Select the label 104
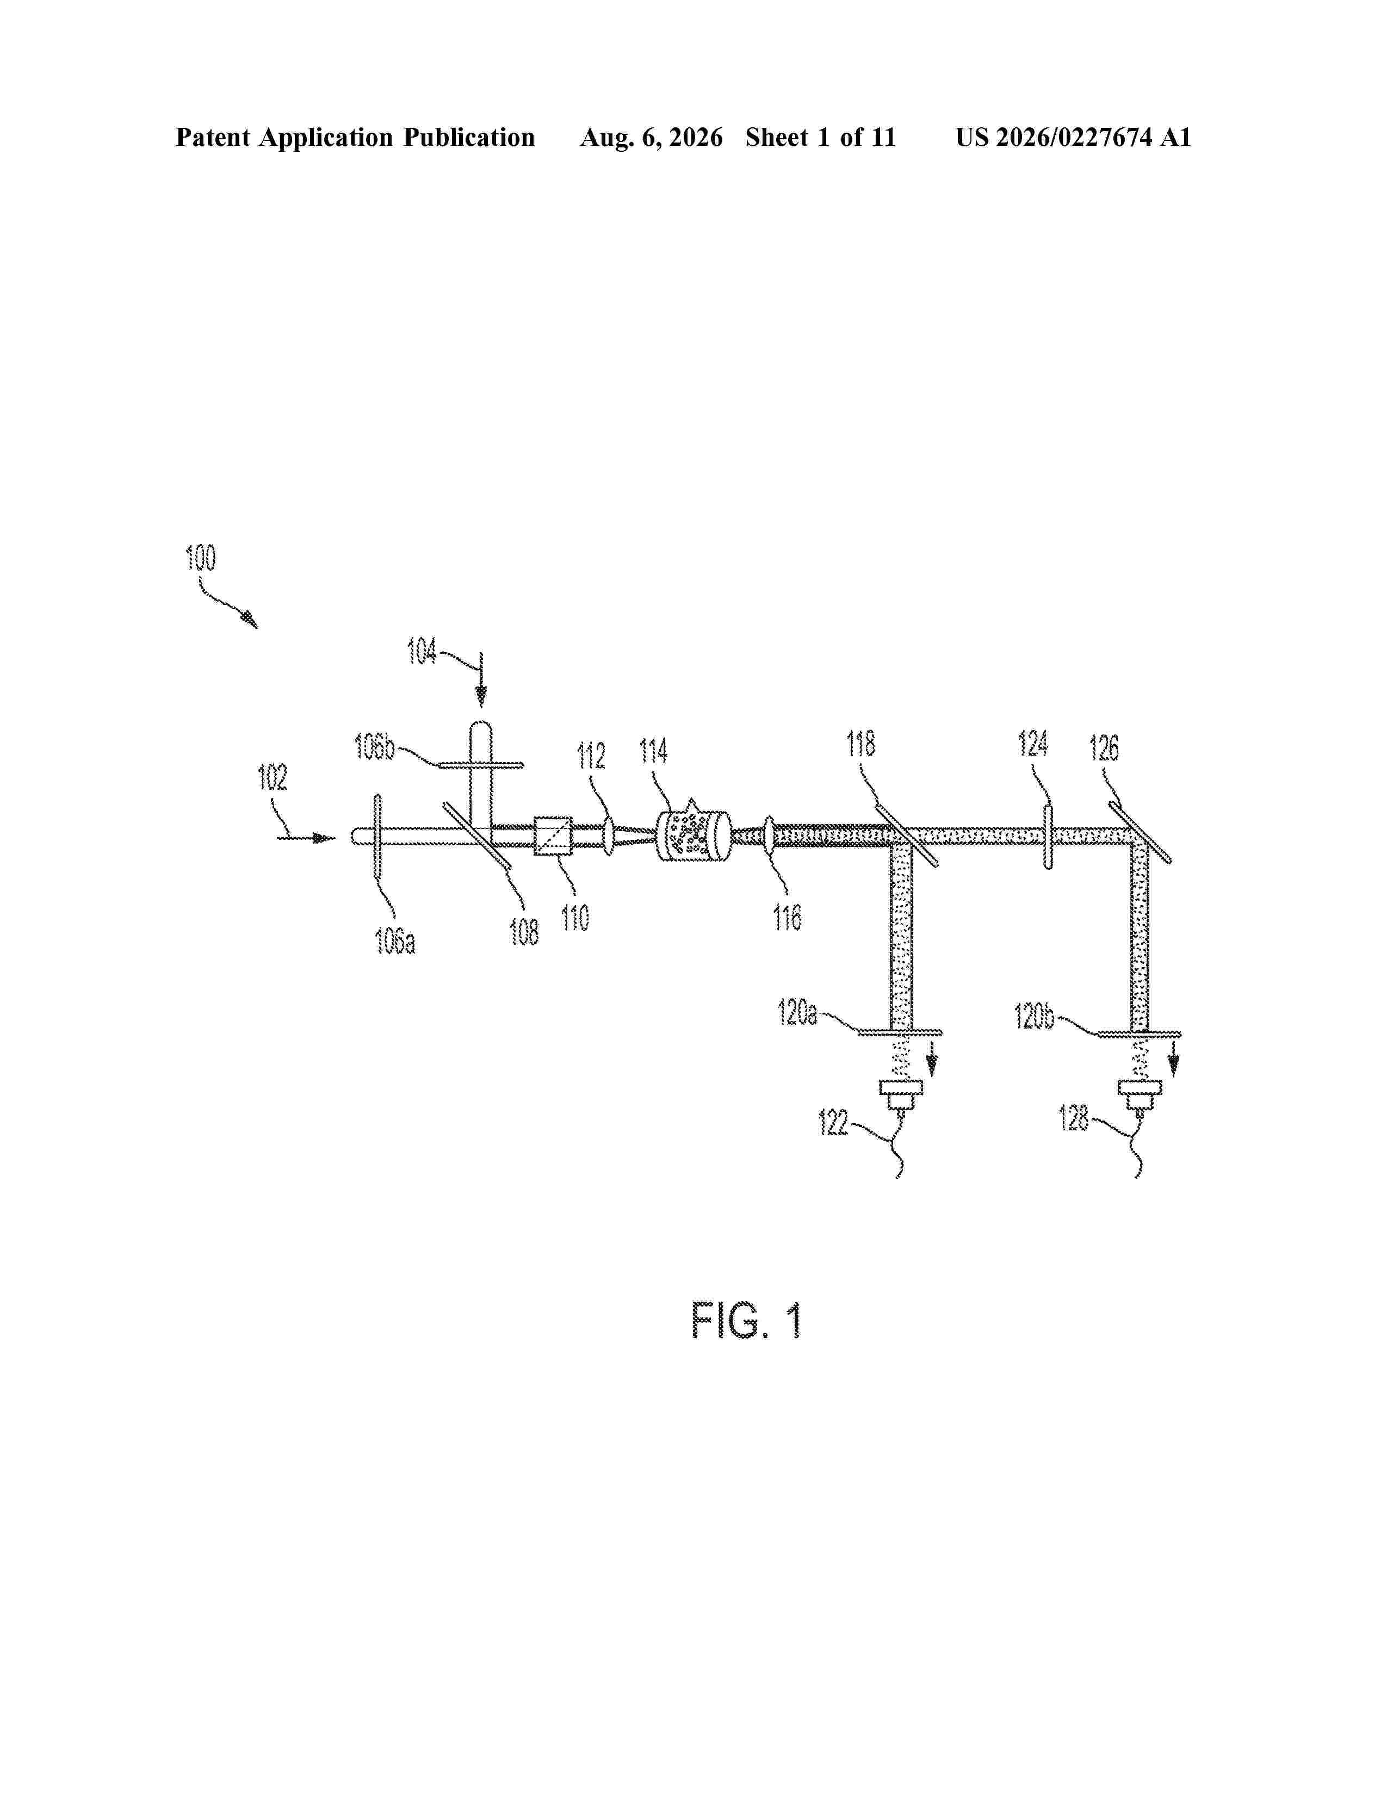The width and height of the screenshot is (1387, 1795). [422, 651]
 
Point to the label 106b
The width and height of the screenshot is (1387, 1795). [375, 747]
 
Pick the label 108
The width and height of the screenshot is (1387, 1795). [524, 932]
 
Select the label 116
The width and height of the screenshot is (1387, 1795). [787, 917]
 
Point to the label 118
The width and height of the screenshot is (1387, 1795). [861, 743]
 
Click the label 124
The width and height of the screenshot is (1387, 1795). [1033, 743]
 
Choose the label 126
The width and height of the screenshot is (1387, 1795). [1104, 748]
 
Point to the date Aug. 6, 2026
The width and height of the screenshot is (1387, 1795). [652, 138]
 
